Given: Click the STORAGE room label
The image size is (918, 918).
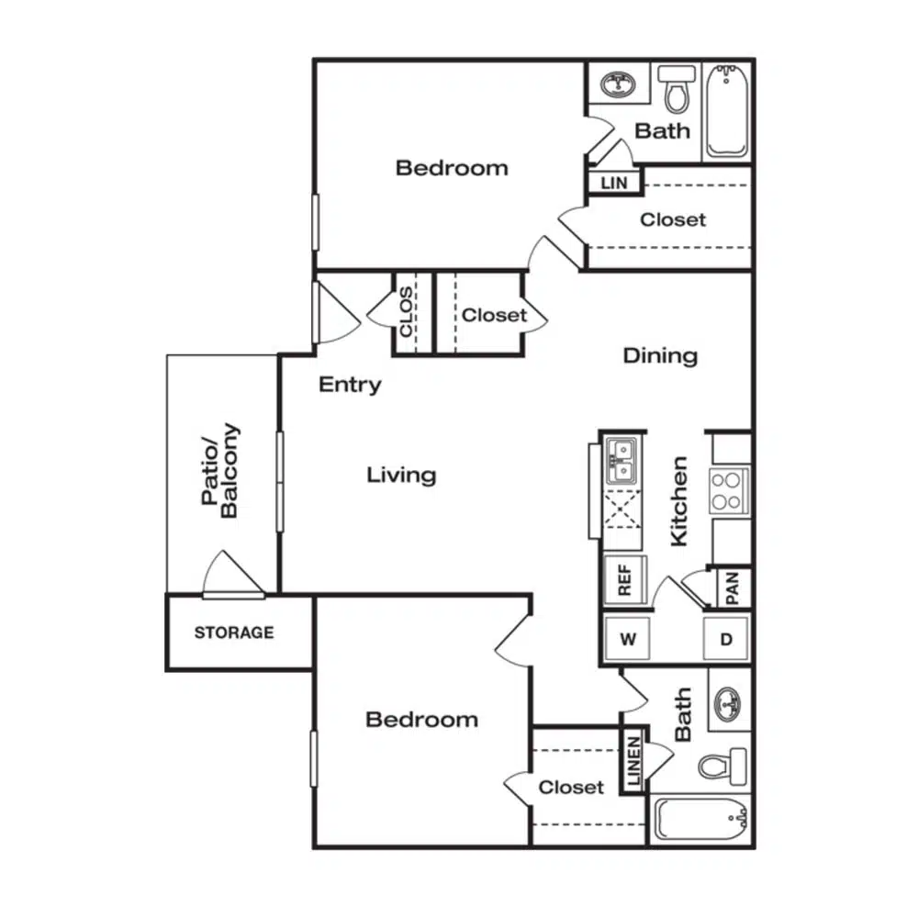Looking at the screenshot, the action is tap(234, 633).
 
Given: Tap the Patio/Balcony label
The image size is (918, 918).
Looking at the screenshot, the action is tap(220, 470).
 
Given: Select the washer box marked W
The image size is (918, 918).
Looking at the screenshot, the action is tap(627, 638).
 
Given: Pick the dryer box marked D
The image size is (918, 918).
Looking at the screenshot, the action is tap(726, 638).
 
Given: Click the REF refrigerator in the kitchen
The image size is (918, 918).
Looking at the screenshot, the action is tap(624, 579).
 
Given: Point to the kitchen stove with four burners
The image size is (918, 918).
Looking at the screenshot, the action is tap(729, 490).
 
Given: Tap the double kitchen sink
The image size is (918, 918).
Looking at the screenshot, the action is tap(621, 461).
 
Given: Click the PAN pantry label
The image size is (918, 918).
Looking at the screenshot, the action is tap(733, 588).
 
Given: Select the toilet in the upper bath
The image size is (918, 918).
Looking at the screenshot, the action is tap(677, 88).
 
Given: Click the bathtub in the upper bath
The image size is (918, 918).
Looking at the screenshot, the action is tap(726, 111).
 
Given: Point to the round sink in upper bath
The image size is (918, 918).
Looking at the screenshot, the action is tap(618, 84).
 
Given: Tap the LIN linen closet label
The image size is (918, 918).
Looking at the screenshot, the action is tap(613, 184).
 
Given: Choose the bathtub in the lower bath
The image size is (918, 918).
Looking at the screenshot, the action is tap(700, 819).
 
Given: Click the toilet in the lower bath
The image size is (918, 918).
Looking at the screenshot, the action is tap(722, 766).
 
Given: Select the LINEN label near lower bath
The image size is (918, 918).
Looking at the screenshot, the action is tap(634, 760).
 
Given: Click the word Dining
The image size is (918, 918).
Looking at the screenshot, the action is tap(660, 356).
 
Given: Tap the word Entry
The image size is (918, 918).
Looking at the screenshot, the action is tap(350, 385).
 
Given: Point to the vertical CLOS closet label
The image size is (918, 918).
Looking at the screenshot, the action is tap(405, 311).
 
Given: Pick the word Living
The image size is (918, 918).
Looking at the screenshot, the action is tap(402, 475).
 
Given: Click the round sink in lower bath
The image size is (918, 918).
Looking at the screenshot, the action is tap(728, 701).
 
